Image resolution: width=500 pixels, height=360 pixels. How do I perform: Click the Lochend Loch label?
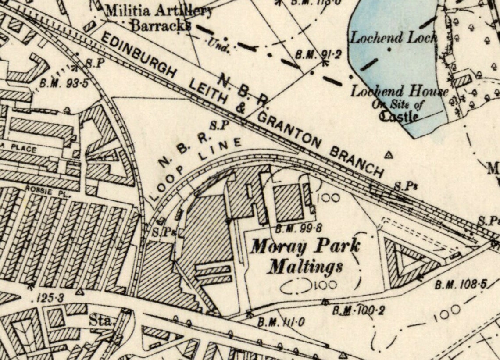coord(393,38)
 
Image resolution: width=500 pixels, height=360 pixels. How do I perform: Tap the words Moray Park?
coord(305,246)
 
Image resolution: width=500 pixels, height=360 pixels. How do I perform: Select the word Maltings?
coord(305,266)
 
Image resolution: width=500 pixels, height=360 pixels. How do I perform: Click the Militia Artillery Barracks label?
coord(159,18)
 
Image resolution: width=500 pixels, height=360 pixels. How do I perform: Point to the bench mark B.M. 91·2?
coord(312,55)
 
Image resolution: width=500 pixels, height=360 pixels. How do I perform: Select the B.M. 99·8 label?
coord(293,228)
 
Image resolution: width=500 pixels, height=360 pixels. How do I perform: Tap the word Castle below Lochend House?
coord(398,116)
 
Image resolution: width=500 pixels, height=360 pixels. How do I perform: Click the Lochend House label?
coord(399,92)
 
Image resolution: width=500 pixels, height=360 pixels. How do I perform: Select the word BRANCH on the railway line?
coord(356,162)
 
